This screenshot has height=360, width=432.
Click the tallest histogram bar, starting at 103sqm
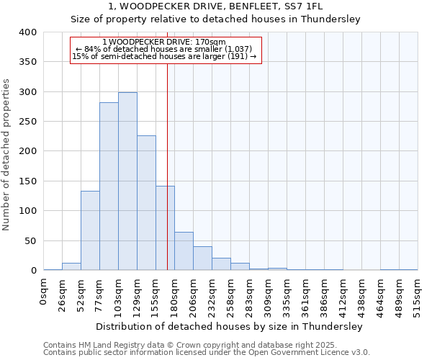[127, 181]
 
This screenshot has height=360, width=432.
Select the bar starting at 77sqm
[109, 186]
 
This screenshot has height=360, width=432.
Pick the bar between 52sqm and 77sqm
[90, 230]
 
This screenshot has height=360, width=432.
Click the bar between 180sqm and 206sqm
[184, 251]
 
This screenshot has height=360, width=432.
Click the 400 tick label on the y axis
[27, 32]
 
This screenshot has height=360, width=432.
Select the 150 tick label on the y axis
[27, 181]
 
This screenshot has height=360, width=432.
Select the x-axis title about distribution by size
[230, 326]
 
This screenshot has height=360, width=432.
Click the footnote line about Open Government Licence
[206, 352]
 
